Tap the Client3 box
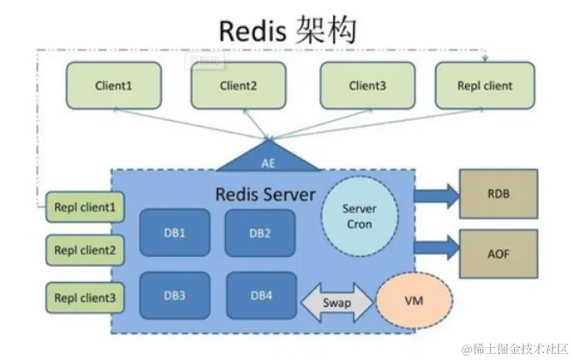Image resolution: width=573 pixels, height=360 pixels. point(367,86)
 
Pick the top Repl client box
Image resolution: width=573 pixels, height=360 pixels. point(486,86)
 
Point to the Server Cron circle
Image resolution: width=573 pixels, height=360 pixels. point(359,216)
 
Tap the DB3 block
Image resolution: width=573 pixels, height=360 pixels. point(175,296)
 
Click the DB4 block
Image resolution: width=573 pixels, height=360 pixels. point(261,296)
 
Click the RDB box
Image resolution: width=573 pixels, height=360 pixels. point(498,193)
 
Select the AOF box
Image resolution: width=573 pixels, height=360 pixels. point(498,255)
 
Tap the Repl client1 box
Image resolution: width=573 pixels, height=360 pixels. point(84,207)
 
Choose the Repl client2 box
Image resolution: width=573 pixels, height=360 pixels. point(84,252)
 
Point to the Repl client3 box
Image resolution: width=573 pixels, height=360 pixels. point(84,298)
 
